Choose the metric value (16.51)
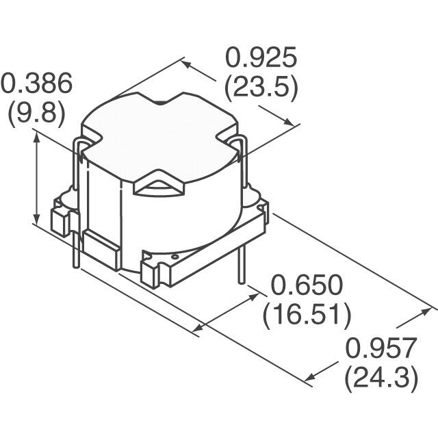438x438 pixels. click(x=307, y=315)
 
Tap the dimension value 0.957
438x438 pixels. click(x=381, y=349)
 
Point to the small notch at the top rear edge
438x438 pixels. click(x=162, y=103)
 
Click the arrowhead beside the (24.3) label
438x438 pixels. click(x=311, y=376)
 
